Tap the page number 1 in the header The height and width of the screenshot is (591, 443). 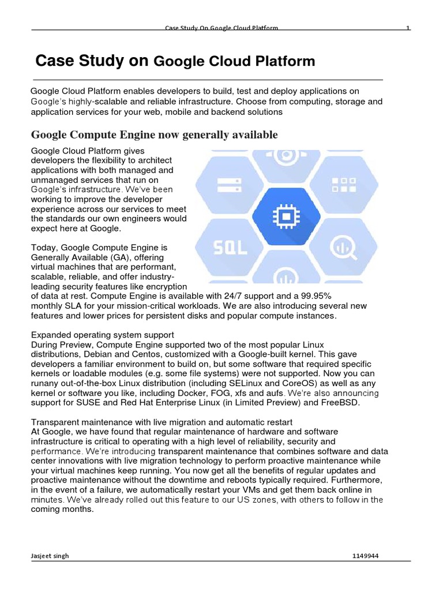pyautogui.click(x=408, y=28)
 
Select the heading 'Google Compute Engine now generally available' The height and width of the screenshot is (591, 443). pyautogui.click(x=154, y=135)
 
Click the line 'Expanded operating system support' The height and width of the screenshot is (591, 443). pyautogui.click(x=102, y=335)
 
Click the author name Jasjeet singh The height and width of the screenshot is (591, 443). pyautogui.click(x=49, y=556)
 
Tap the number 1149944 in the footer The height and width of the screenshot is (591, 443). pyautogui.click(x=365, y=556)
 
